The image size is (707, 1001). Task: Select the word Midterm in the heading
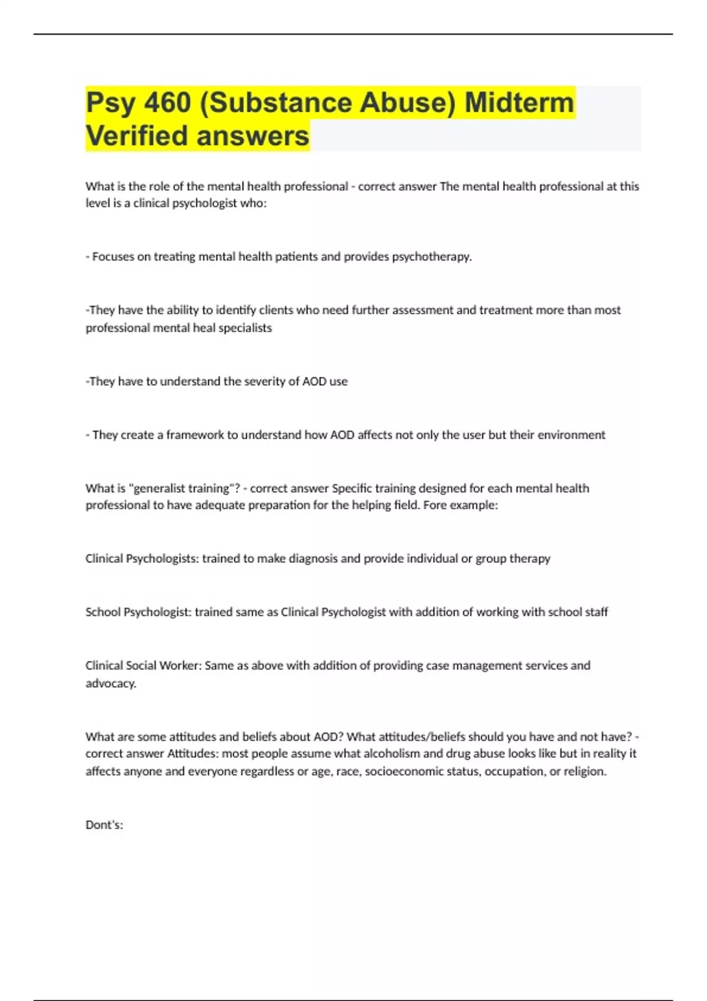click(x=519, y=102)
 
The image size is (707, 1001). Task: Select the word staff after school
click(x=596, y=612)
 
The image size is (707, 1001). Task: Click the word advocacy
click(x=111, y=684)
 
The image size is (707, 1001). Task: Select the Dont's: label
click(x=104, y=825)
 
